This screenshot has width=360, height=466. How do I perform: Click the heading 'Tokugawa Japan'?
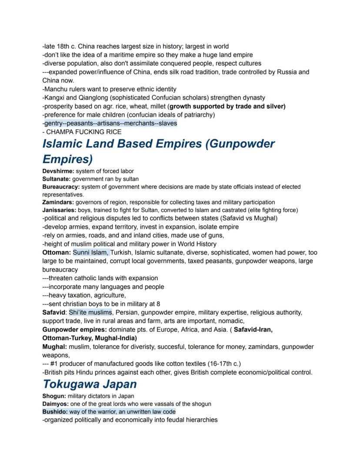(90, 384)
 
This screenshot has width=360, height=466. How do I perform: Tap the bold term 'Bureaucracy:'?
(61, 187)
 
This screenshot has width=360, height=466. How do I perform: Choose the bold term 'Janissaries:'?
(60, 210)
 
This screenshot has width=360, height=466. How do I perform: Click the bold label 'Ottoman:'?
(57, 252)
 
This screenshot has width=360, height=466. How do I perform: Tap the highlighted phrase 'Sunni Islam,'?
(91, 252)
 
